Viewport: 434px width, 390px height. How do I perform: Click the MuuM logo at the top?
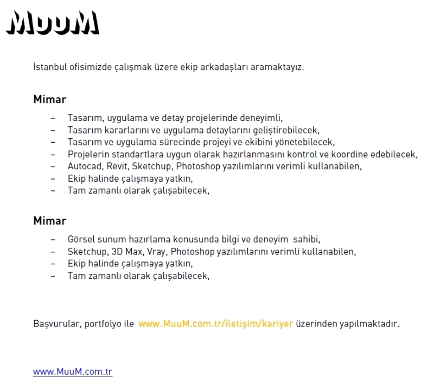(53, 23)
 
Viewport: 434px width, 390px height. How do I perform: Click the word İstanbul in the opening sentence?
(49, 68)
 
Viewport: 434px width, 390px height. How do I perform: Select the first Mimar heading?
(49, 99)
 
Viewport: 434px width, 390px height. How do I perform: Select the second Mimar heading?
(49, 221)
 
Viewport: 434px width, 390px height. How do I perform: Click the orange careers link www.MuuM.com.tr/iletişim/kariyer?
(215, 324)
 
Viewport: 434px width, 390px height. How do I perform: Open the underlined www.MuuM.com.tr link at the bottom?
(73, 372)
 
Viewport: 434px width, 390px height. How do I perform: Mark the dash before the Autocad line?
(53, 166)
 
